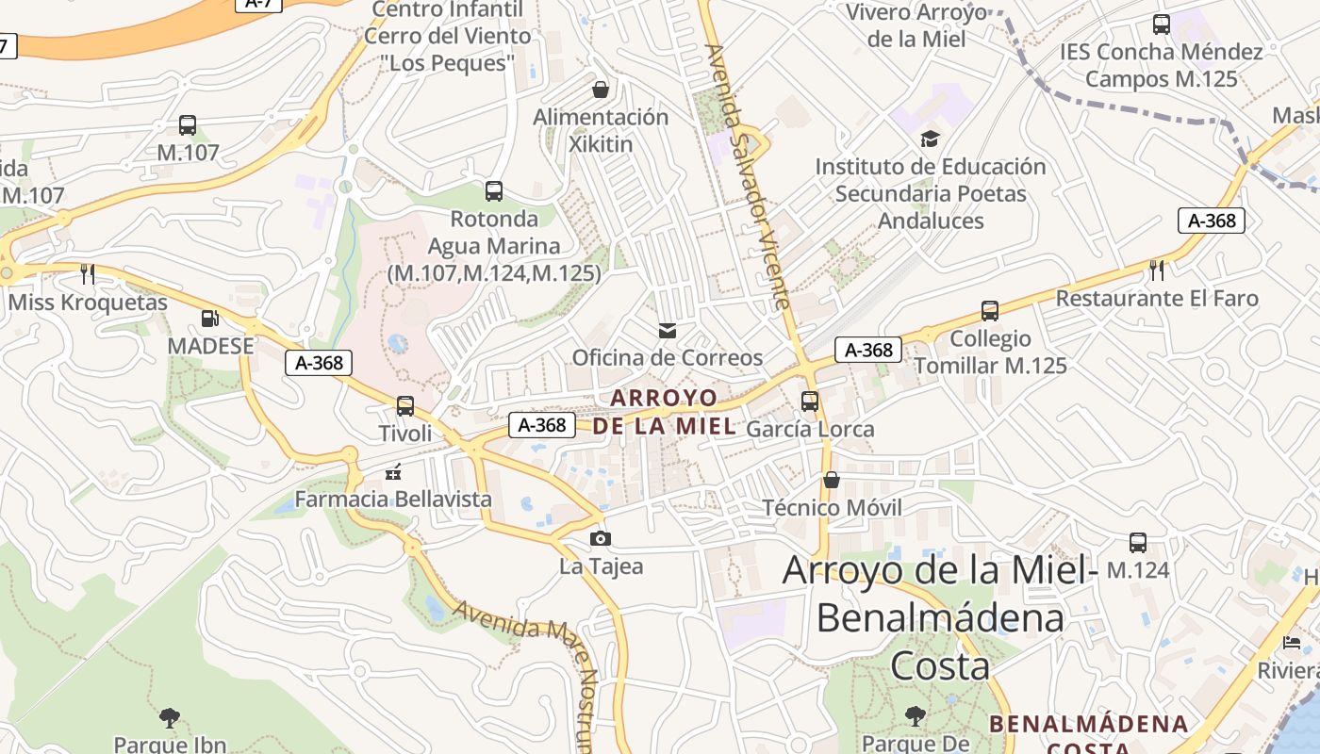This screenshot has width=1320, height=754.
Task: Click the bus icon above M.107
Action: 188,124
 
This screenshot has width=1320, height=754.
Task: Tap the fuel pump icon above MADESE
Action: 210,320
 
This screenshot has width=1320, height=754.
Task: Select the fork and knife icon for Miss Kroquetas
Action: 88,274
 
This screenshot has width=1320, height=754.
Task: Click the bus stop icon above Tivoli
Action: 405,406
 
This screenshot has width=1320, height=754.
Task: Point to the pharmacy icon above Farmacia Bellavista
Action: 394,471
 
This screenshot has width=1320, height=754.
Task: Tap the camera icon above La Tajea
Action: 601,539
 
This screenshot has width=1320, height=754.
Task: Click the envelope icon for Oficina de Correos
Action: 668,331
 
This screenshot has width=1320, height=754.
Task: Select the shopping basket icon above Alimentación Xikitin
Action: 601,90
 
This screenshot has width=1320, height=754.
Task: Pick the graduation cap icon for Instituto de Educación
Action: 930,139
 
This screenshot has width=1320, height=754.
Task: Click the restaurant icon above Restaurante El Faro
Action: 1157,270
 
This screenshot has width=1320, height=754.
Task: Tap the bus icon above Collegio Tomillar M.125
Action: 990,311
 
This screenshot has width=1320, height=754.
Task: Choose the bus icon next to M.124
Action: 1138,543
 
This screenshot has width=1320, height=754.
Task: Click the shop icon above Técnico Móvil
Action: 832,481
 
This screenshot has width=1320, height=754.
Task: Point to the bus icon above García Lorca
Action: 810,402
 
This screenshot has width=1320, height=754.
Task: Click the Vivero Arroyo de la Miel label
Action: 916,25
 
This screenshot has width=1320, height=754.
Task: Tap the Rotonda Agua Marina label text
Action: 495,246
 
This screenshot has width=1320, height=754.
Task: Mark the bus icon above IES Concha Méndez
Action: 1162,25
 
